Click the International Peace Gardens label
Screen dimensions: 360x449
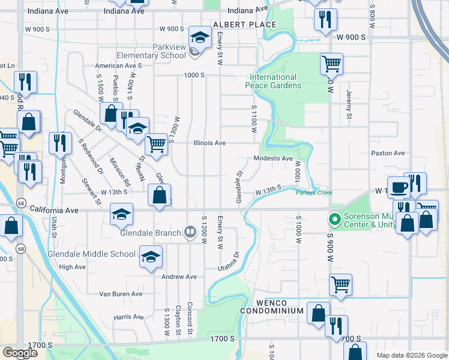[273, 81]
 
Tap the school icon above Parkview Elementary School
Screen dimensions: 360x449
[198, 38]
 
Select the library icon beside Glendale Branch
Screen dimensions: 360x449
[190, 231]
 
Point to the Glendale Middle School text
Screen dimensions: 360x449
[92, 254]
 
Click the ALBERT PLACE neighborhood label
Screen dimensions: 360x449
[244, 25]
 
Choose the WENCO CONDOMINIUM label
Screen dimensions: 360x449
[272, 307]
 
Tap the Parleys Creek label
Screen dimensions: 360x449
[313, 193]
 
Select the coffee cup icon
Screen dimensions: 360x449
[399, 188]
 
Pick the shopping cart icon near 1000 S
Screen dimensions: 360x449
[331, 63]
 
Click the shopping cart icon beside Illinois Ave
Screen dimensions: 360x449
[156, 143]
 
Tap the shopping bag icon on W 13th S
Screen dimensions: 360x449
[159, 195]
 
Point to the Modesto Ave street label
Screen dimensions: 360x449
[273, 158]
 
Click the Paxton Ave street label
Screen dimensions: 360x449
[388, 154]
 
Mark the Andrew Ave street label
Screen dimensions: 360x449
[179, 277]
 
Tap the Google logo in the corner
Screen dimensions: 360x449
[20, 353]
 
